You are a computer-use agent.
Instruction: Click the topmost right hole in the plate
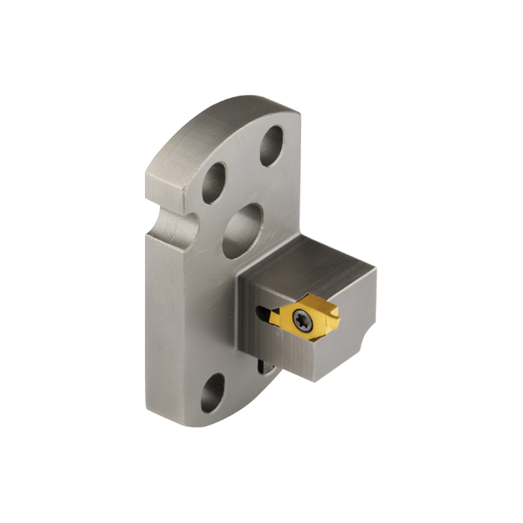pyautogui.click(x=272, y=140)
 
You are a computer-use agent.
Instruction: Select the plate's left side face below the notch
pyautogui.click(x=157, y=314)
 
